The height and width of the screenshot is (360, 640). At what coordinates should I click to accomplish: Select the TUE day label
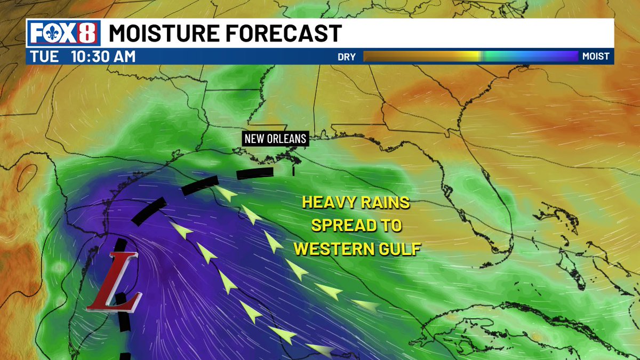(45, 57)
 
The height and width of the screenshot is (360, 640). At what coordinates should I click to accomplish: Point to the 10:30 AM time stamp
(103, 57)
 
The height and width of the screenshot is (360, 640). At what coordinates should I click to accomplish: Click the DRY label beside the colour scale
(347, 57)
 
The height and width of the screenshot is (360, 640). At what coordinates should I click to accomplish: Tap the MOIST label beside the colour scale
(596, 57)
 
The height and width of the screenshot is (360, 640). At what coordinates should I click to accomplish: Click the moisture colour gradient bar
(470, 57)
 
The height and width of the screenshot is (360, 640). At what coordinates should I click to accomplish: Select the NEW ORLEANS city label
(275, 139)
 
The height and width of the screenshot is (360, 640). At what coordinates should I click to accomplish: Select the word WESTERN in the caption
(328, 249)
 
